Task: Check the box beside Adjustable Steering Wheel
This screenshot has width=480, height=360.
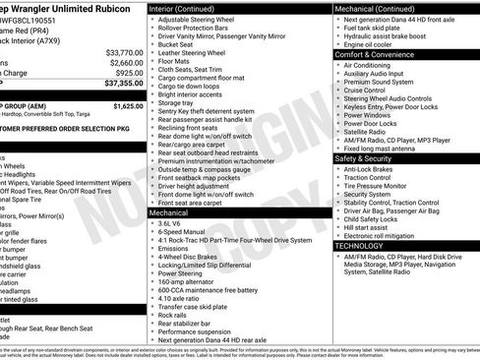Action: click(151, 20)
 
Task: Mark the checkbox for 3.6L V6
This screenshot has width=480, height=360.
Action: click(151, 223)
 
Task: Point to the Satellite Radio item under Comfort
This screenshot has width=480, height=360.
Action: click(370, 130)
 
